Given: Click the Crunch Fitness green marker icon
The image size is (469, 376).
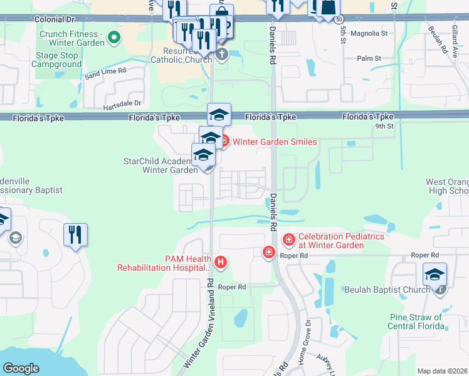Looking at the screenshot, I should pyautogui.click(x=113, y=38).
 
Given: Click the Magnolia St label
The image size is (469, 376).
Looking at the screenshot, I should pyautogui.click(x=369, y=33).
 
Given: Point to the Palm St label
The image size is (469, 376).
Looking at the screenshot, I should pyautogui.click(x=369, y=58).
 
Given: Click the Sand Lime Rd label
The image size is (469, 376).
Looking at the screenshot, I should pyautogui.click(x=105, y=72).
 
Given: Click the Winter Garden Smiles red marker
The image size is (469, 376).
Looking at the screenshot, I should pyautogui.click(x=223, y=140).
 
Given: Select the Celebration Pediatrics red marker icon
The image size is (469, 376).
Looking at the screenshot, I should pyautogui.click(x=288, y=239).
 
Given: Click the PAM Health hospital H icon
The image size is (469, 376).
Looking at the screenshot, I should pyautogui.click(x=220, y=262).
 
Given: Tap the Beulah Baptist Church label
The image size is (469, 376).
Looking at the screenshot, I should pyautogui.click(x=387, y=290).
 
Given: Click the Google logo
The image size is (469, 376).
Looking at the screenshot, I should pyautogui.click(x=21, y=368).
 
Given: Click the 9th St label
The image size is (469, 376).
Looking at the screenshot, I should pyautogui.click(x=384, y=127).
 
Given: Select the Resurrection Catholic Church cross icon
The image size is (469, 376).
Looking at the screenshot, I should pyautogui.click(x=221, y=55).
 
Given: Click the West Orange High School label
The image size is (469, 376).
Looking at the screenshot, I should pyautogui.click(x=447, y=186).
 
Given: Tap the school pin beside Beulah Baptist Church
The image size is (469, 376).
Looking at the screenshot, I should pyautogui.click(x=434, y=274).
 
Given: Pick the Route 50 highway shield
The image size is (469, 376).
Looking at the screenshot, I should pyautogui.click(x=339, y=20).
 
